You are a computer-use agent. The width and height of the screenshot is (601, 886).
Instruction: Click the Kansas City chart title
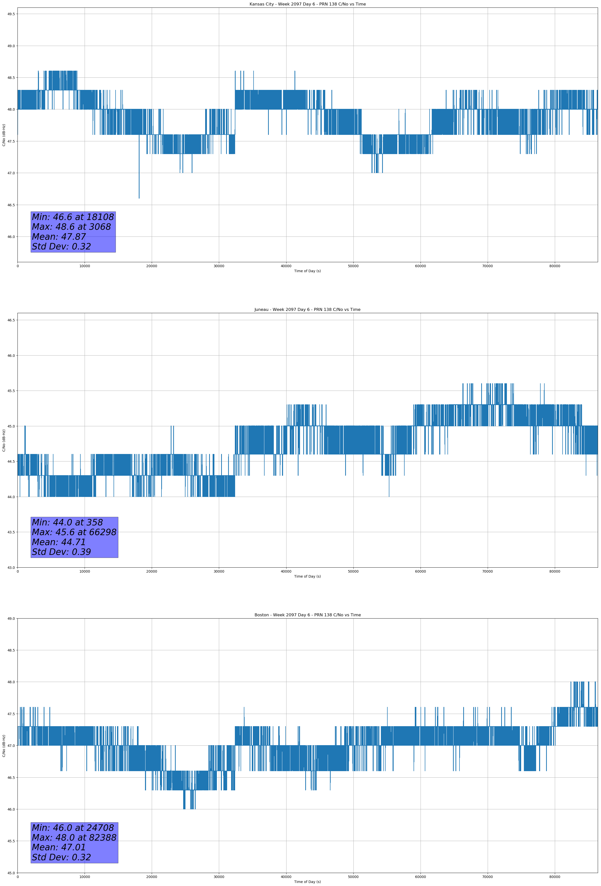tap(307, 4)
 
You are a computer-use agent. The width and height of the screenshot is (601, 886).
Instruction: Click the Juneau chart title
tap(307, 310)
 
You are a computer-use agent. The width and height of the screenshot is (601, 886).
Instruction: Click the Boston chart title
tap(307, 615)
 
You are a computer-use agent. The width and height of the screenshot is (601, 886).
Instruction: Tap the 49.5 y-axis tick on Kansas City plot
tap(11, 14)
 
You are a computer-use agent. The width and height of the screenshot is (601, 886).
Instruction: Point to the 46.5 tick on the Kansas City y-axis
tap(11, 205)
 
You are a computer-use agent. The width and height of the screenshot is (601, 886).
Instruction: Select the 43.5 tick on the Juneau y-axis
tap(11, 532)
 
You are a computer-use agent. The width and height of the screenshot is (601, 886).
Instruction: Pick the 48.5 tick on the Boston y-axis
tap(11, 651)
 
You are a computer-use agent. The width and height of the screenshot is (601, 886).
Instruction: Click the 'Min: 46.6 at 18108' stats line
tap(73, 217)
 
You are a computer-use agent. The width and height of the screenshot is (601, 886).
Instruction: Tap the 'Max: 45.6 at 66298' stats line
tap(74, 532)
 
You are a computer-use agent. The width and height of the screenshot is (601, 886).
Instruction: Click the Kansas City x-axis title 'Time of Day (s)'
tap(307, 271)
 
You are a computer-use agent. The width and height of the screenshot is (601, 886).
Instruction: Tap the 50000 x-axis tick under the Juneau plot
tap(353, 571)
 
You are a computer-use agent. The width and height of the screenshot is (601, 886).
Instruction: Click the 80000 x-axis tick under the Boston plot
tap(555, 877)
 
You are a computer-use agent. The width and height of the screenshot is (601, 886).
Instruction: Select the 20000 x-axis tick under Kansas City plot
tap(152, 266)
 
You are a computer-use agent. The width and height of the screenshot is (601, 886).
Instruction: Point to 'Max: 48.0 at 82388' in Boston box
tap(74, 838)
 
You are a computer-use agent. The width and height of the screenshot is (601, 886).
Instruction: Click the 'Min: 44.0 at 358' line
tap(67, 522)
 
